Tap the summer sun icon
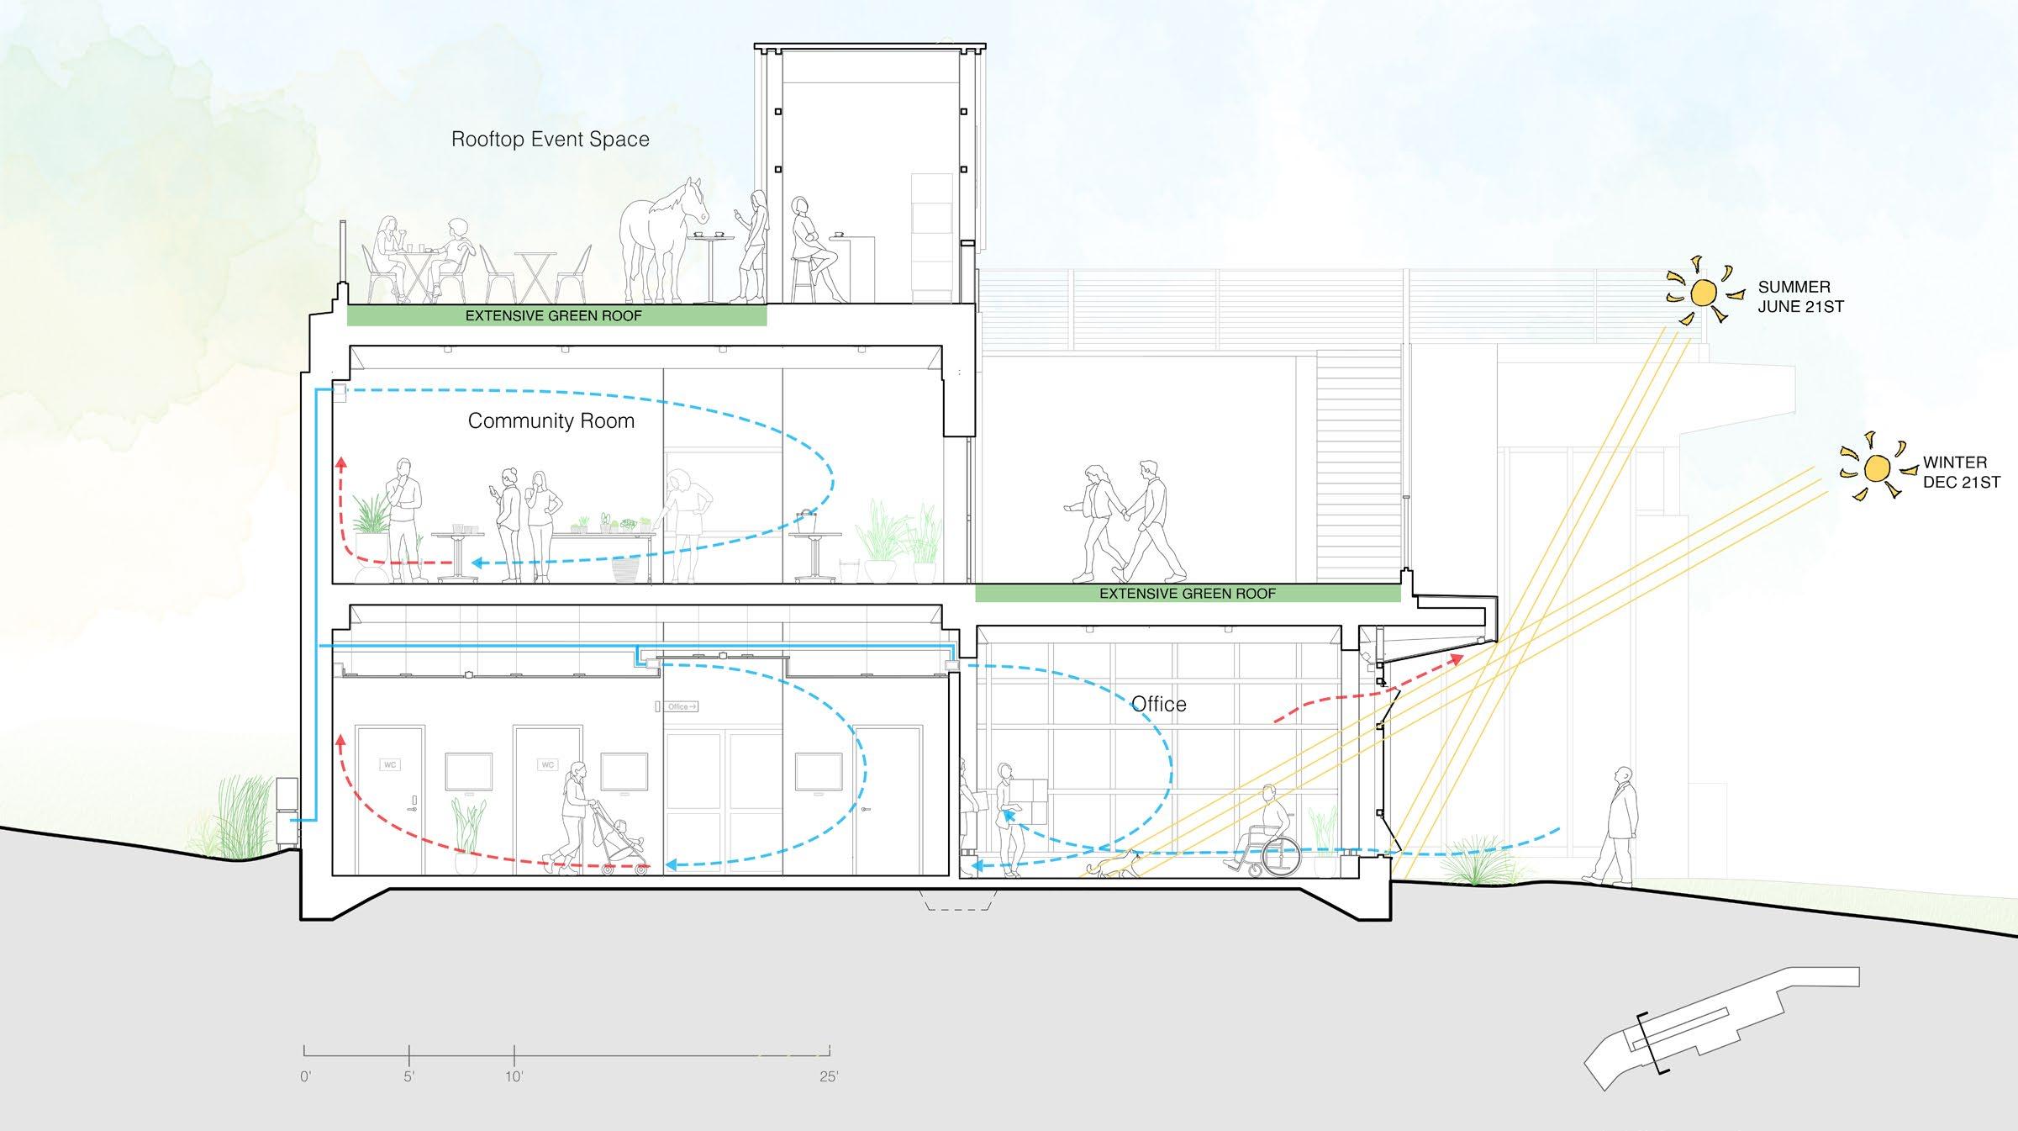click(x=1703, y=293)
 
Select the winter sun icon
click(x=1876, y=468)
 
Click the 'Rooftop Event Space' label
click(x=551, y=140)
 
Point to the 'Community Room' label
click(x=551, y=420)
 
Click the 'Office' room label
click(x=1158, y=704)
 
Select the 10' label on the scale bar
click(x=514, y=1076)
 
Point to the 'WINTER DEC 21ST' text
click(x=1962, y=473)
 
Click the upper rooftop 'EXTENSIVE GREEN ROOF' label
click(x=554, y=316)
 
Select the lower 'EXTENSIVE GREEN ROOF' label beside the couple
click(x=1187, y=594)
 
